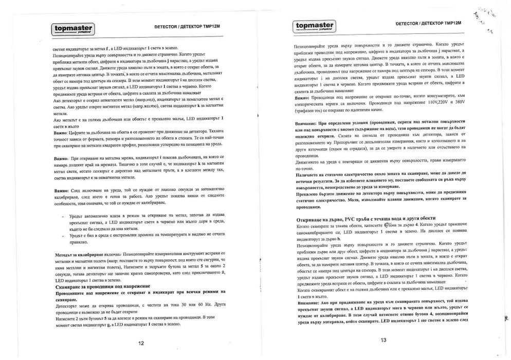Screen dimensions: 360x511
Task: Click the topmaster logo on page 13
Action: click(314, 26)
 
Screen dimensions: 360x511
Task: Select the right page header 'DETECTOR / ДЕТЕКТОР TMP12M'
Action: click(429, 24)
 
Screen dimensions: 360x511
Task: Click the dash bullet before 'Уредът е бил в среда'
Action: click(62, 233)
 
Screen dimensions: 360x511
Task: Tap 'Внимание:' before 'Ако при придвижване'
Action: click(306, 303)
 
